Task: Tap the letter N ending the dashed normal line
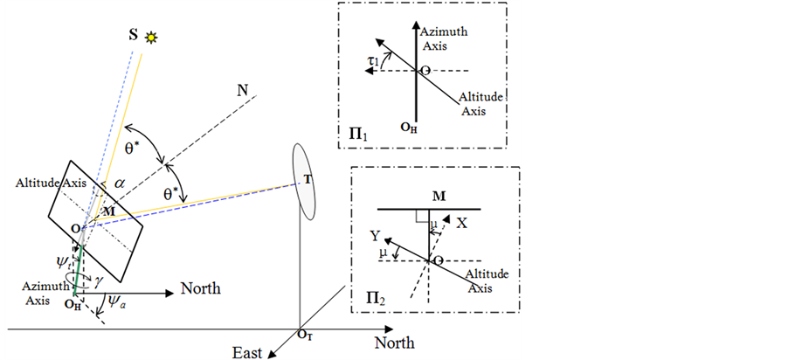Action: coord(242,89)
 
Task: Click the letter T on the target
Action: coord(306,180)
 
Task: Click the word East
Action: coord(248,351)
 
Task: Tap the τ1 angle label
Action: coord(372,60)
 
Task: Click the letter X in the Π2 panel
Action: coord(462,223)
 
